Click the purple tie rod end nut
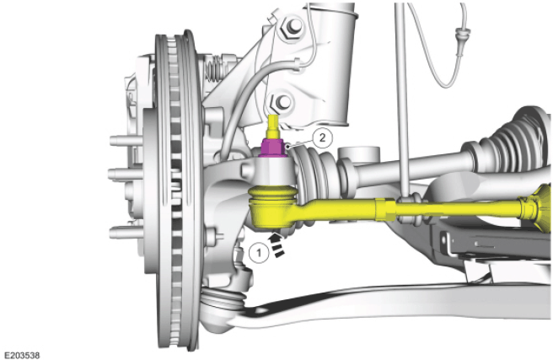(272, 148)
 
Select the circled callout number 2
(322, 138)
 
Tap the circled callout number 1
(259, 253)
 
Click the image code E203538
(22, 355)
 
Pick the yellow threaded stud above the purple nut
(273, 126)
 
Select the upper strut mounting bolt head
(292, 26)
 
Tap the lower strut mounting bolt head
(282, 102)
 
